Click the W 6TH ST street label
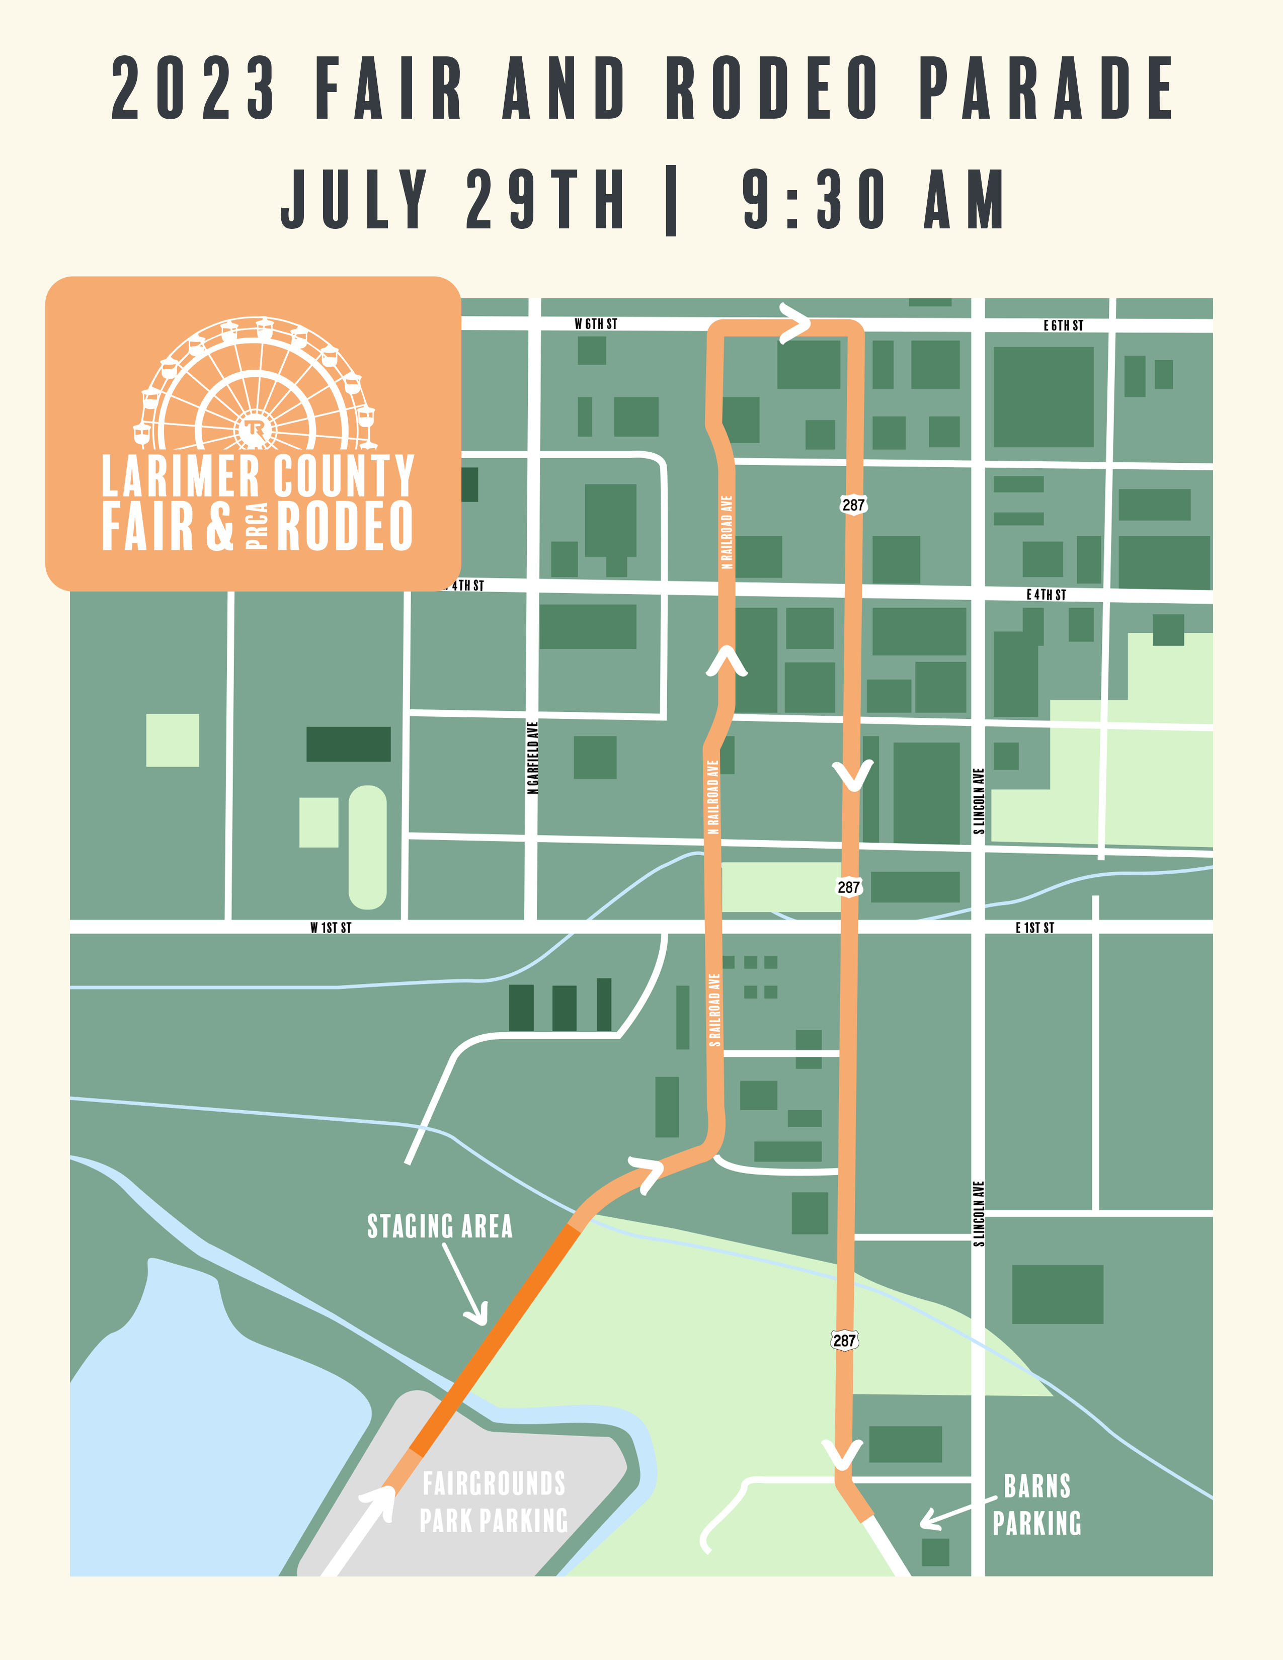click(595, 324)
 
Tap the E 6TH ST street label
click(1063, 325)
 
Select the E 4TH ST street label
click(1046, 595)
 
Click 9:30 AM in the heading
click(874, 199)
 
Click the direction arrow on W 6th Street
click(794, 324)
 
